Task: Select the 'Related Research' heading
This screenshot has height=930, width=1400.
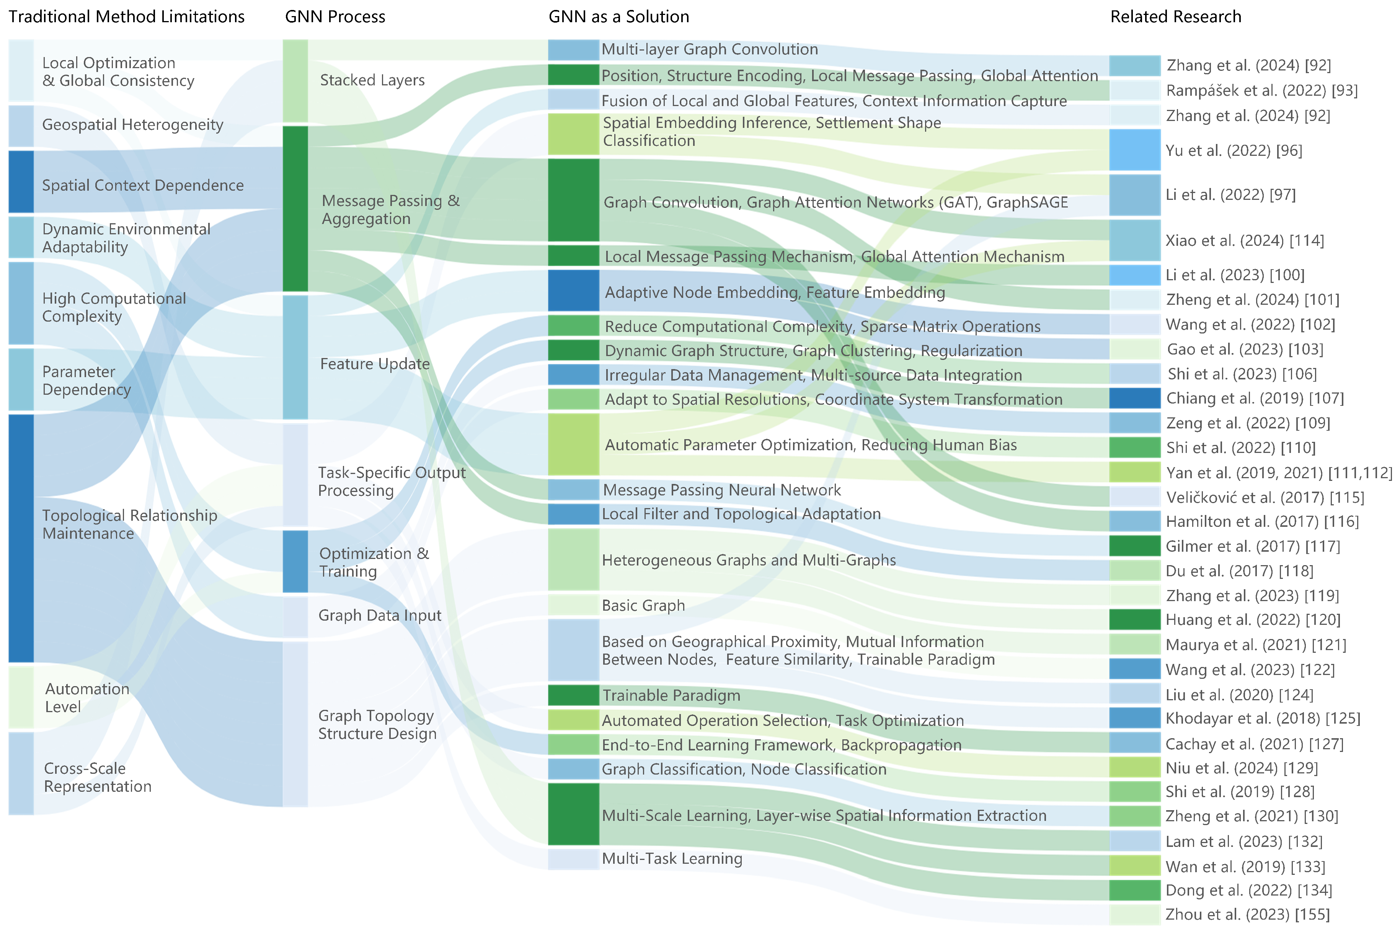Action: [x=1175, y=16]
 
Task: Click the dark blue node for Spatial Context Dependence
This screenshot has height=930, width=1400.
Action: [x=21, y=181]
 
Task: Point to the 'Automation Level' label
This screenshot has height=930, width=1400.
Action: [x=87, y=698]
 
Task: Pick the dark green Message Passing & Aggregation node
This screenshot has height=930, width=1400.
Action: [x=295, y=208]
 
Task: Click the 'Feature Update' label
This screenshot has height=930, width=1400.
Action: [x=375, y=364]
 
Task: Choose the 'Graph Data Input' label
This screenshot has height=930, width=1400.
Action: [x=379, y=616]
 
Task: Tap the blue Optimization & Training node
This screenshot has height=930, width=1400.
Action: [x=295, y=561]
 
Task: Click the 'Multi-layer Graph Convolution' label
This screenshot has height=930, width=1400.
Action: [x=710, y=49]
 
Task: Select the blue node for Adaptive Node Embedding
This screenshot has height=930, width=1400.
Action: [x=573, y=291]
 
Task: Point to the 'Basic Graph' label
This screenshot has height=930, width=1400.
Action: [x=643, y=606]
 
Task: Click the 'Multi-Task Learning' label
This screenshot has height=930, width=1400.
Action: [x=672, y=858]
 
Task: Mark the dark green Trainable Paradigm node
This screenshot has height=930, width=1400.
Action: [x=573, y=695]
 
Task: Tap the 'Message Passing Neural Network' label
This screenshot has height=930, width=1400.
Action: [x=721, y=490]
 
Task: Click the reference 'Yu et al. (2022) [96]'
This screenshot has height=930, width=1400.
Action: [x=1234, y=150]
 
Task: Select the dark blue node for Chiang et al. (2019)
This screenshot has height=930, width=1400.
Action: [x=1134, y=399]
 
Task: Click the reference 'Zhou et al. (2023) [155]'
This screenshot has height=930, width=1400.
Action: [x=1248, y=914]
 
